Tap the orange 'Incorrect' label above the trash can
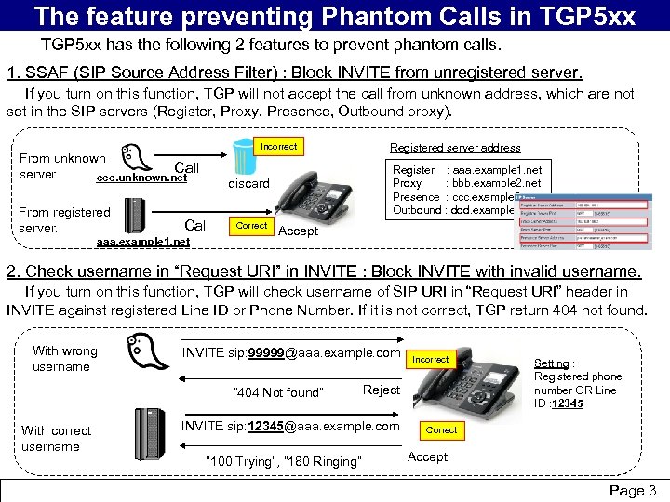click(278, 146)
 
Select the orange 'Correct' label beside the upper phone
click(251, 226)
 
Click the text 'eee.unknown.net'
click(141, 178)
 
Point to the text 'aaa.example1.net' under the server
click(143, 242)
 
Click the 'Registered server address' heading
click(455, 148)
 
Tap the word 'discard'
click(248, 183)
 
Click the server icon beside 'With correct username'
click(150, 432)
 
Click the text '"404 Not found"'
click(278, 392)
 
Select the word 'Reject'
click(382, 390)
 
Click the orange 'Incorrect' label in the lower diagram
click(431, 359)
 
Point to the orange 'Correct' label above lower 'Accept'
click(441, 430)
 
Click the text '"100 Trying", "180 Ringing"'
click(281, 461)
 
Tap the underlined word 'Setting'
click(552, 363)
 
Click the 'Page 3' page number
click(633, 490)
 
